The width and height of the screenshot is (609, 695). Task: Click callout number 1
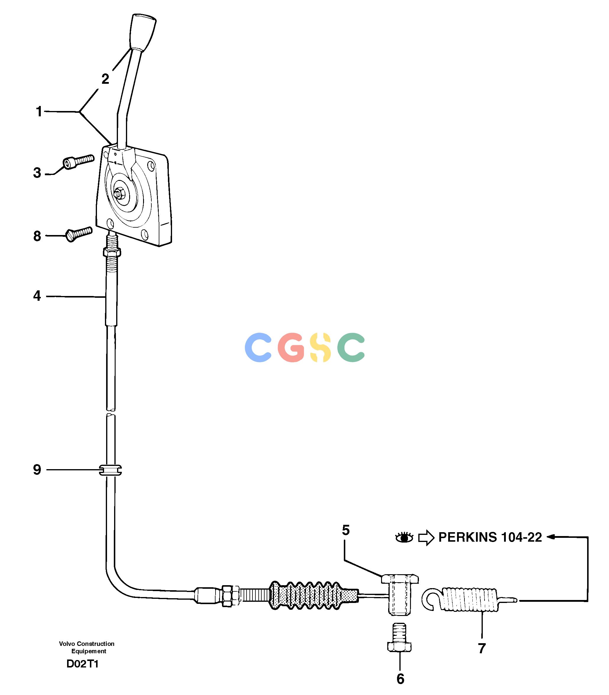tap(39, 112)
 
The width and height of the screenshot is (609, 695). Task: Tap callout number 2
tap(105, 79)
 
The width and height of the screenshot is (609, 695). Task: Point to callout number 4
tap(37, 296)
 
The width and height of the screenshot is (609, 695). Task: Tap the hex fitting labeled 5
tap(399, 594)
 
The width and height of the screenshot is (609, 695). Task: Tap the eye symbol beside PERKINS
tap(404, 538)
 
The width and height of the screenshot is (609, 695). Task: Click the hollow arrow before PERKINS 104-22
tap(426, 538)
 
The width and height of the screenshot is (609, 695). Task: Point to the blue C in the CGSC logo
tap(258, 347)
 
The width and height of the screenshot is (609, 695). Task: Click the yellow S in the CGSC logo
tap(321, 347)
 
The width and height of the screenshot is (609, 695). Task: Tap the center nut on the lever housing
tap(120, 194)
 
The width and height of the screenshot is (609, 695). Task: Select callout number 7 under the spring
tap(482, 649)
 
